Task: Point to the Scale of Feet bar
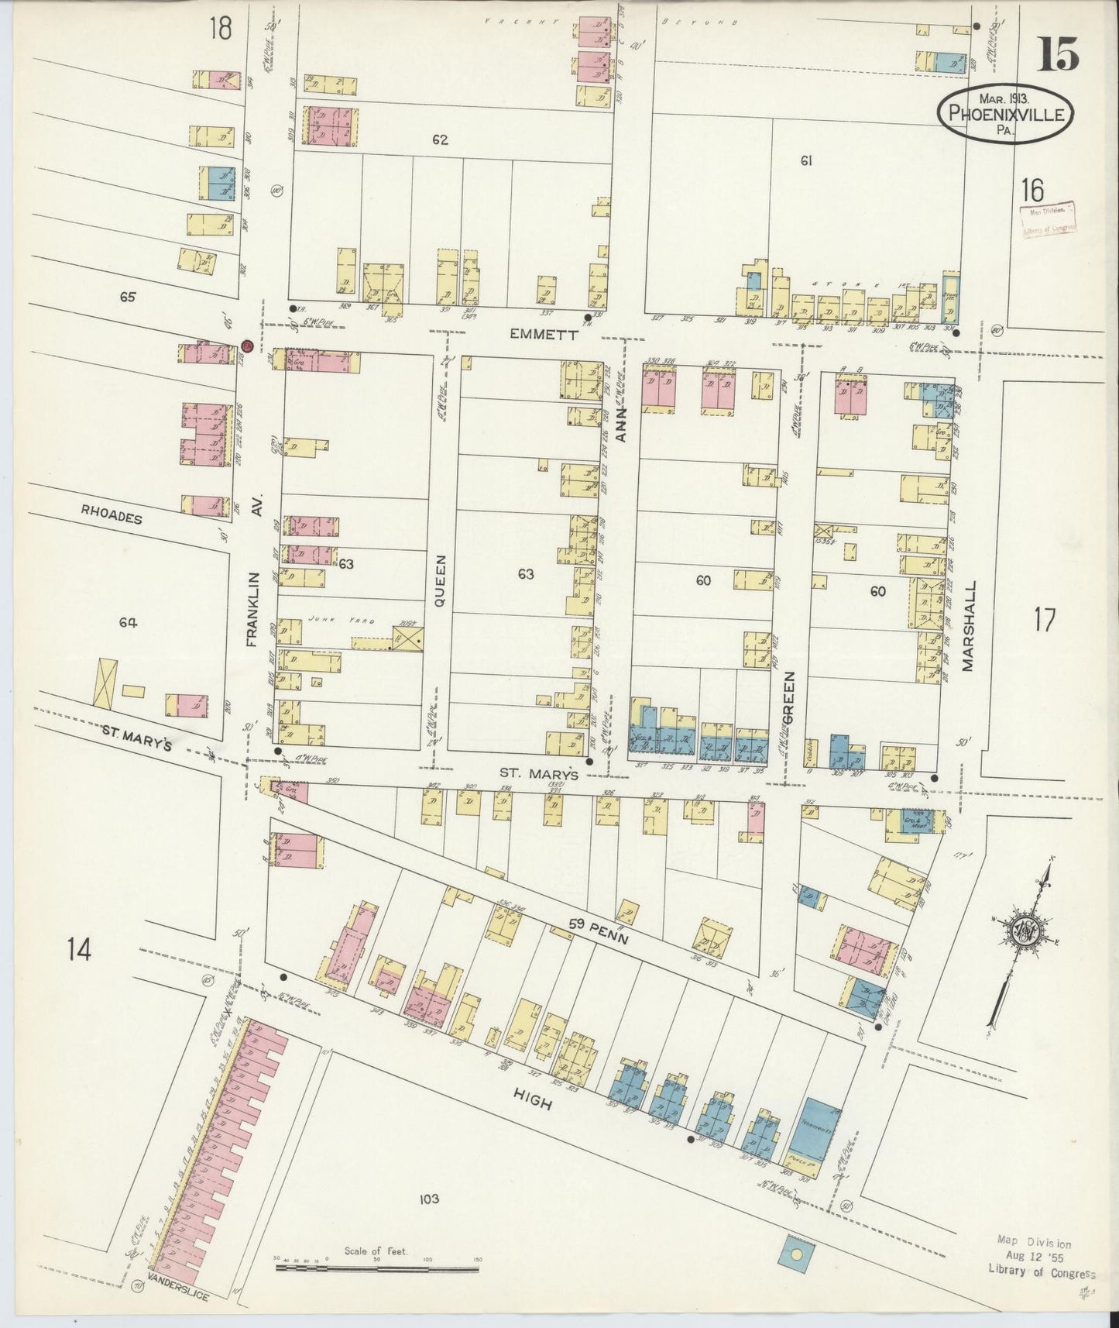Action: click(x=378, y=1268)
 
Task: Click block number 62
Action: click(x=441, y=140)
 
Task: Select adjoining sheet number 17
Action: click(x=1044, y=620)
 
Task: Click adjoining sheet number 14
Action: click(x=79, y=949)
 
